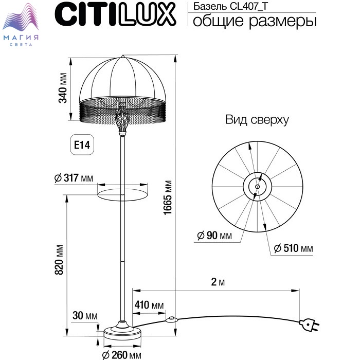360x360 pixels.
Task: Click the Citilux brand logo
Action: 116,14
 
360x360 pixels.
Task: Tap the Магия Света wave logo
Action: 21,24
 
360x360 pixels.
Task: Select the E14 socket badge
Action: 82,145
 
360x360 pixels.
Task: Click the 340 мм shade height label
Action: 63,88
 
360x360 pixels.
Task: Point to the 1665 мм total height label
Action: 168,197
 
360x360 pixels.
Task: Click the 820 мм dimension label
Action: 59,260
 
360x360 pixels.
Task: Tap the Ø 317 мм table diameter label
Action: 74,178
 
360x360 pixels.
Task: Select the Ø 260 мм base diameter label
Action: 122,355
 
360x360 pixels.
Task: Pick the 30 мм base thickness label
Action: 85,316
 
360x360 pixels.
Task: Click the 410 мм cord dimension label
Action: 149,305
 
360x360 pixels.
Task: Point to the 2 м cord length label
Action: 218,282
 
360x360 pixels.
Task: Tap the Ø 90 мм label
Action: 214,236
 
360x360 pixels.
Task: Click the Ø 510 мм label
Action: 294,248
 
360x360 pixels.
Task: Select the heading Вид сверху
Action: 257,120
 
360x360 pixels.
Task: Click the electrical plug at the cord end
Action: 309,325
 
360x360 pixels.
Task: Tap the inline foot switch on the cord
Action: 171,319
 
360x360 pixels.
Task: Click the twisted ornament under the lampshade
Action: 122,120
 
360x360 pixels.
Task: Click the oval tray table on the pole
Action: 122,195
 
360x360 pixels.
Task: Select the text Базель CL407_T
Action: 230,6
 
